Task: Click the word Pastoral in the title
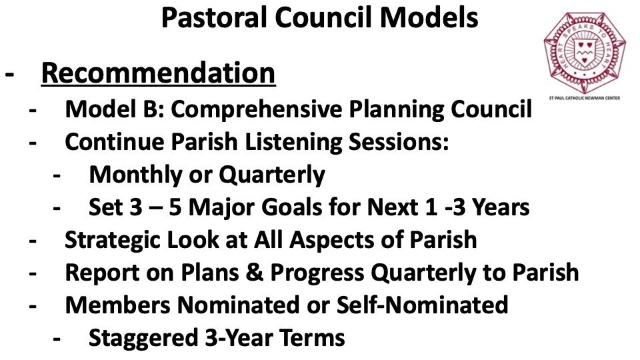215,17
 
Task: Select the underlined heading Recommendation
159,73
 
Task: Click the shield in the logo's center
584,51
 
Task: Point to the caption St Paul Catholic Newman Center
585,98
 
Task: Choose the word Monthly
135,175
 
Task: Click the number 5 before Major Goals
175,207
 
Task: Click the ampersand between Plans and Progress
255,273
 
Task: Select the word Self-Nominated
422,305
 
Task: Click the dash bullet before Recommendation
9,75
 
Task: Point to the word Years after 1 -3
501,207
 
